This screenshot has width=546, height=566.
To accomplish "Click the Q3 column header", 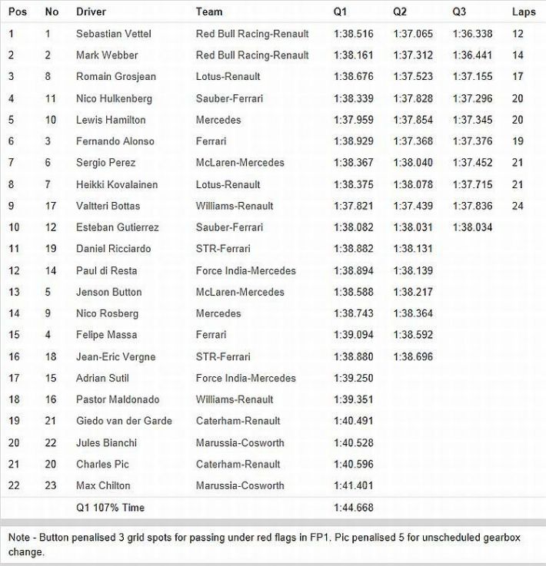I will click(459, 12).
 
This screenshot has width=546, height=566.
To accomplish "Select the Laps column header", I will click(524, 12).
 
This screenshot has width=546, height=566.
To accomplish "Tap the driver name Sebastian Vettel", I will click(112, 34).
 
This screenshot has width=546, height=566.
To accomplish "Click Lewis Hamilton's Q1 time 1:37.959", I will click(353, 120).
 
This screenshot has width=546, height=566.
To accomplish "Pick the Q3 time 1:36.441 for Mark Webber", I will click(472, 55).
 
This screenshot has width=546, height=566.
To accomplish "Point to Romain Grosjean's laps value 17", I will click(518, 77).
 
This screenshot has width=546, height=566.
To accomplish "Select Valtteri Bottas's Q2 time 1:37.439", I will click(413, 206).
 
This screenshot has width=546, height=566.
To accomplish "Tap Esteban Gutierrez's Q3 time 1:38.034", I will click(472, 227).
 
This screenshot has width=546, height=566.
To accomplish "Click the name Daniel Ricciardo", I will click(113, 249).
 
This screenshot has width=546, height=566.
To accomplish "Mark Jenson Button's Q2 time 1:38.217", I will click(413, 292).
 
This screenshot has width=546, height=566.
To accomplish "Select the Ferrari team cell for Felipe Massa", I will click(211, 335).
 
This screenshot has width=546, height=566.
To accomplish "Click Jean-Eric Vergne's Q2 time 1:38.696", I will click(413, 356).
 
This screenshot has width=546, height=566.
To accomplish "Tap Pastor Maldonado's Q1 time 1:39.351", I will click(353, 399).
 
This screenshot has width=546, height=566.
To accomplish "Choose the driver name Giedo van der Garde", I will click(124, 421).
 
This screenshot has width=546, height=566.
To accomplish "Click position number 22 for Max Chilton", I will click(13, 485).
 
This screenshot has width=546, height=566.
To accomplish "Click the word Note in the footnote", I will click(19, 538).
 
